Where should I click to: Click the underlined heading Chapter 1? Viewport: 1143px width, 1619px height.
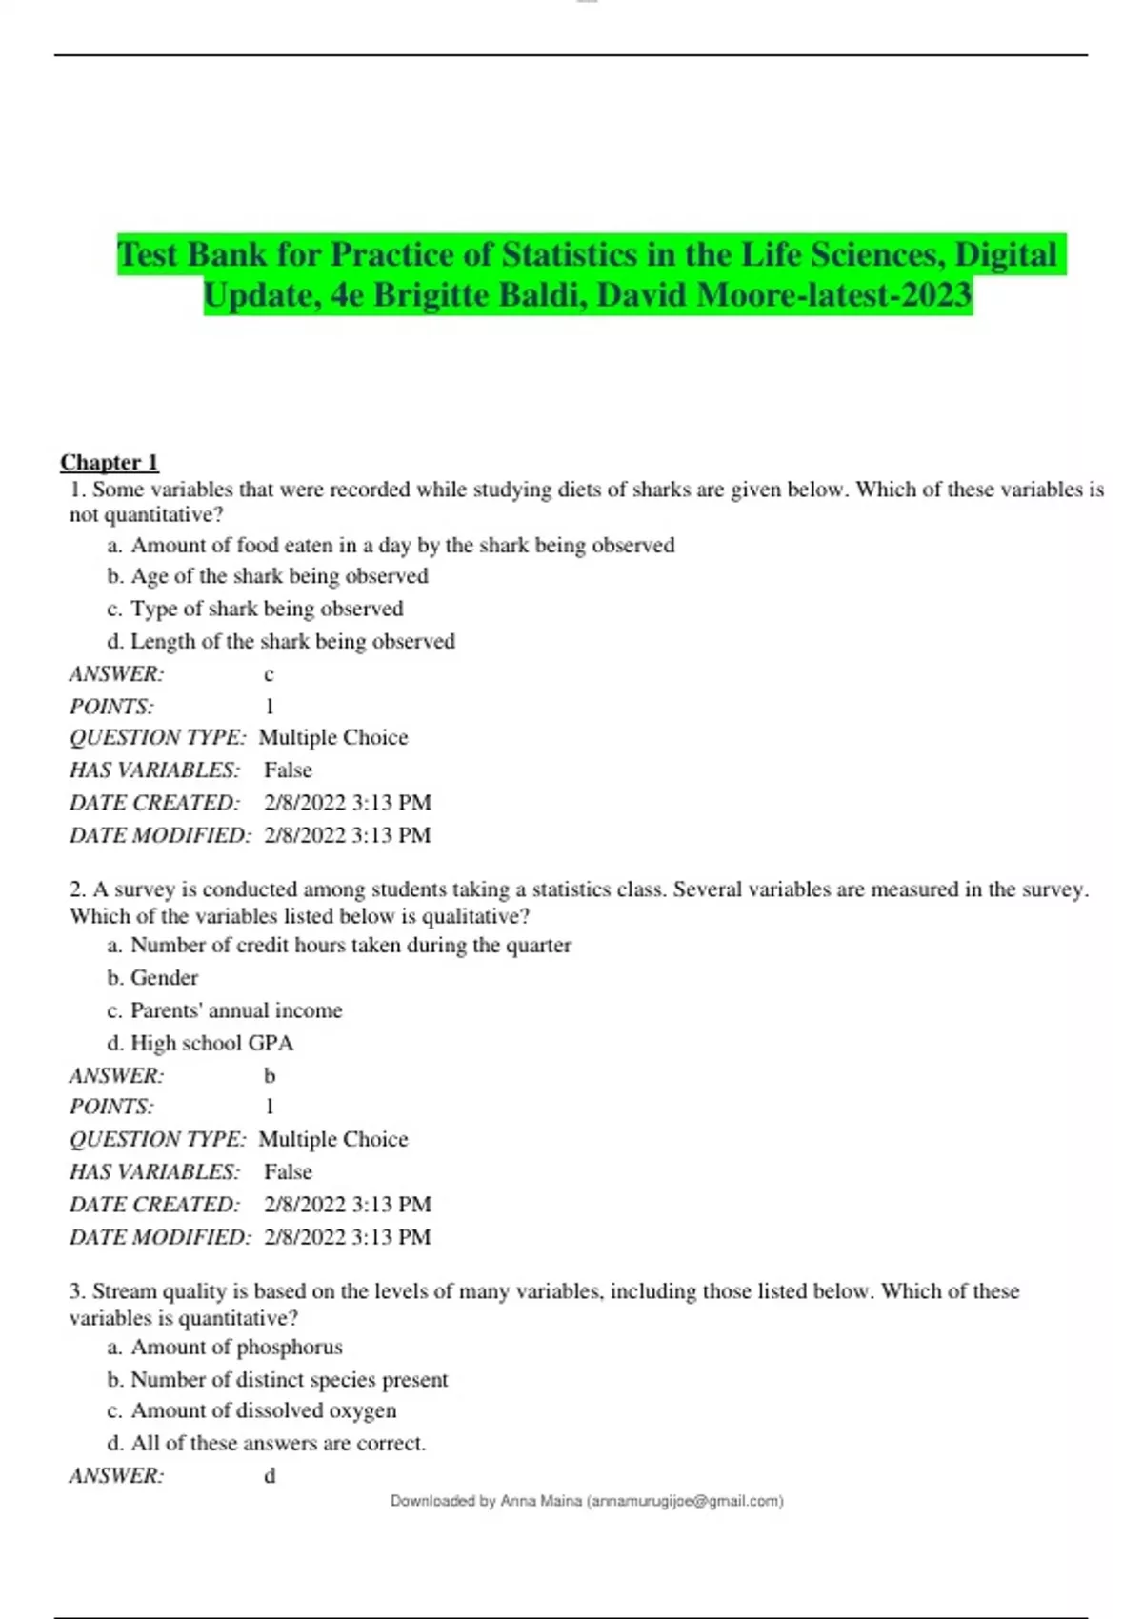110,463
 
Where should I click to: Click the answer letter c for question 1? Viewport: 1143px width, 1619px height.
269,674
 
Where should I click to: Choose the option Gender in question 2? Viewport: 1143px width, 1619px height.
164,978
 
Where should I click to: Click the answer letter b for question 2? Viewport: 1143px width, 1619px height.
270,1076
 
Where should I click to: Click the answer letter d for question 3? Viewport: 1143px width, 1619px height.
270,1476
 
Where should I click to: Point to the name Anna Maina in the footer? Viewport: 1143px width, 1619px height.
541,1501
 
